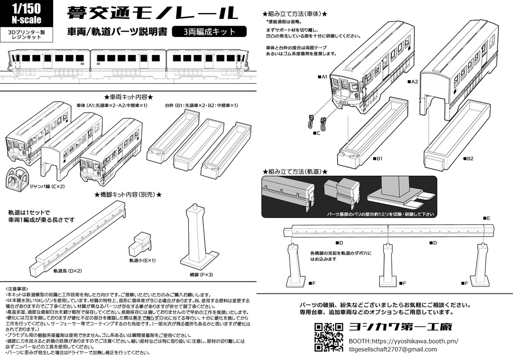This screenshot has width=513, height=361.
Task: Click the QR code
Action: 329,336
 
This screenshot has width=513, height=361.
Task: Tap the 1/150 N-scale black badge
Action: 27,14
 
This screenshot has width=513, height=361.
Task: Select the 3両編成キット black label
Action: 209,32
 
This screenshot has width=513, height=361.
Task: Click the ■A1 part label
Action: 322,77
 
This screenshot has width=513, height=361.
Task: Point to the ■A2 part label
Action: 412,81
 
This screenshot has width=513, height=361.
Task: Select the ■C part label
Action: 316,133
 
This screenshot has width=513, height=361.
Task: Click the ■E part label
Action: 486,219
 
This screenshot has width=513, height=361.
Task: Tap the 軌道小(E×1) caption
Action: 143,260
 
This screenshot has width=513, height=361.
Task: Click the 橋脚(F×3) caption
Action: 201,275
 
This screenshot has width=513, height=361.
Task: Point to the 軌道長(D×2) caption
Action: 68,270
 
